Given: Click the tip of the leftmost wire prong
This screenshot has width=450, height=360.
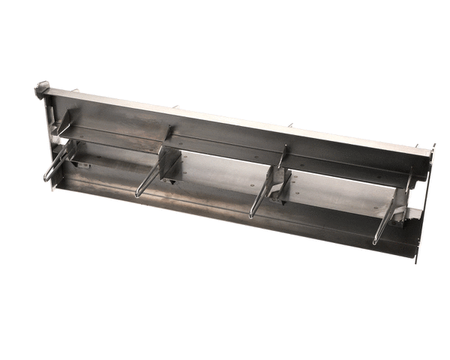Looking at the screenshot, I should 46,180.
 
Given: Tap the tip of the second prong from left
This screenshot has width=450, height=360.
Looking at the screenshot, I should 137,196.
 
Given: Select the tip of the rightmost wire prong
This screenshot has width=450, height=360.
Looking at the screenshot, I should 374,243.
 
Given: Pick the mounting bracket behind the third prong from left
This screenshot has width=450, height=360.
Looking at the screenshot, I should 280,184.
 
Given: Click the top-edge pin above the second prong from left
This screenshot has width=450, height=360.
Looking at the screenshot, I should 177,106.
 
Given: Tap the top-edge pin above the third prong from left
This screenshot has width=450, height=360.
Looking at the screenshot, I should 291,125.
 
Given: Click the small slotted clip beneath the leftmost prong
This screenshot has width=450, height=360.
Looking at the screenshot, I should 81,164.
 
